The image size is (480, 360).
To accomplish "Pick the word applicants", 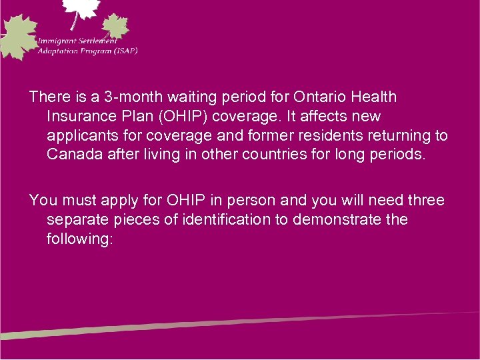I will pos(80,136).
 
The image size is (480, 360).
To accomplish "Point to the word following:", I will pos(81,239).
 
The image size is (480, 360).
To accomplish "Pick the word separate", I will pos(75,220).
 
